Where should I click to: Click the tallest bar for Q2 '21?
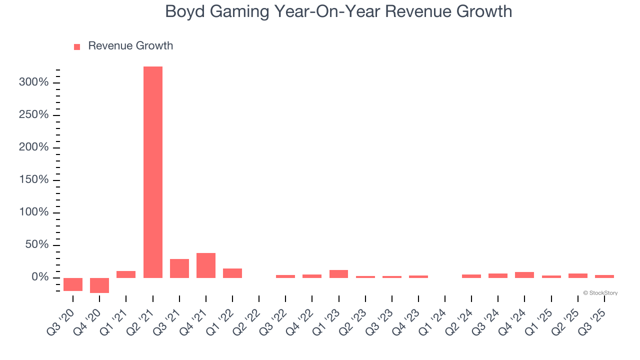pos(152,172)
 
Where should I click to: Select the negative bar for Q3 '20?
pos(73,284)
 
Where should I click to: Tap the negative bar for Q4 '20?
pos(99,285)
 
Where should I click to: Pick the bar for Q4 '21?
pos(206,265)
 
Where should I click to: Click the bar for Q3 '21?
pos(179,268)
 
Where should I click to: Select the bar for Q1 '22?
pos(232,273)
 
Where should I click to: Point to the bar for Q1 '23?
pos(338,273)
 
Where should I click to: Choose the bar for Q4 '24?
pos(524,274)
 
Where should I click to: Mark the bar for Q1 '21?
pos(126,274)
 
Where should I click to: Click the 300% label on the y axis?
pos(33,82)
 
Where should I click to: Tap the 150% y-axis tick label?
pos(33,180)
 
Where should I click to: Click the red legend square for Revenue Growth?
pos(77,46)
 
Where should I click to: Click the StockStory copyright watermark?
pos(600,293)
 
